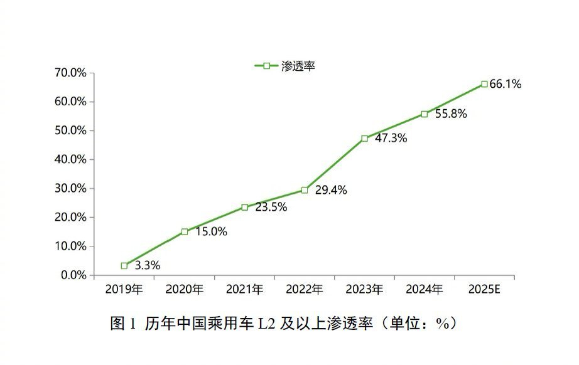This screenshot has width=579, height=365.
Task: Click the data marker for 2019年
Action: point(124,266)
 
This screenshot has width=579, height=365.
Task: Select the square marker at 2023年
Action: point(365,138)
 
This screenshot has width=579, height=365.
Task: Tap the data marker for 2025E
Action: point(485,84)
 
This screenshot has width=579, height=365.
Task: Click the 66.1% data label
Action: point(506,84)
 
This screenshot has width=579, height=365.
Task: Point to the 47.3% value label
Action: point(391,139)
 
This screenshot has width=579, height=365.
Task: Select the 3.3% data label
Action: point(147,265)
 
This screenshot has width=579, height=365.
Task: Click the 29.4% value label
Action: point(331,190)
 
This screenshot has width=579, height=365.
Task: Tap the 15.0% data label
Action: point(211,231)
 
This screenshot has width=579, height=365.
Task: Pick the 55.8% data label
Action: point(451,115)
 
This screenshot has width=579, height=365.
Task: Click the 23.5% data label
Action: point(271,207)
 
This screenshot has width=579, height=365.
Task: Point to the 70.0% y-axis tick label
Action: point(71,73)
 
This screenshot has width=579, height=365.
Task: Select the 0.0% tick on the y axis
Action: point(73,275)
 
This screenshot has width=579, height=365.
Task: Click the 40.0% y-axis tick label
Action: point(71,159)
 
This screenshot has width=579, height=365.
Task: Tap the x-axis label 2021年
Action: point(245,290)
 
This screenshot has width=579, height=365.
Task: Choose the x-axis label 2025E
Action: point(485,290)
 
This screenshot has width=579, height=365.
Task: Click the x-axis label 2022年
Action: point(305,290)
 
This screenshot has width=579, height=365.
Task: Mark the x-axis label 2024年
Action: point(425,290)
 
